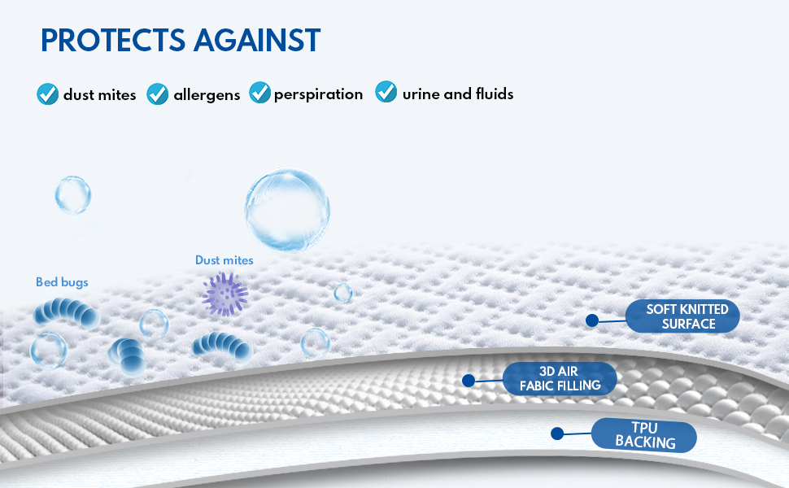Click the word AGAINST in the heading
pyautogui.click(x=257, y=40)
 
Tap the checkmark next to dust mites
pyautogui.click(x=48, y=94)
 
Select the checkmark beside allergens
pyautogui.click(x=158, y=94)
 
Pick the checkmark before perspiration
pyautogui.click(x=260, y=92)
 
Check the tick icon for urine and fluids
pyautogui.click(x=386, y=92)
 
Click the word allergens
pyautogui.click(x=207, y=95)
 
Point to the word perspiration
pyautogui.click(x=319, y=94)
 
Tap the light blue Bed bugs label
pyautogui.click(x=62, y=282)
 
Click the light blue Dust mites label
pyautogui.click(x=224, y=260)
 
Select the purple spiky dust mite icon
pyautogui.click(x=225, y=294)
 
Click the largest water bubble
pyautogui.click(x=287, y=210)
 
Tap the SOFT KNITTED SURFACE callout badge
pyautogui.click(x=682, y=316)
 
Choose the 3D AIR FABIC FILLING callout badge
pyautogui.click(x=560, y=378)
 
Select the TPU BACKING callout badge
pyautogui.click(x=644, y=435)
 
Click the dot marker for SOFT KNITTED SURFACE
pyautogui.click(x=592, y=320)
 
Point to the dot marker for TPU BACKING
pyautogui.click(x=557, y=434)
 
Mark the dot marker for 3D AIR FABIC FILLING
pyautogui.click(x=469, y=381)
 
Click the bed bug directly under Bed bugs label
pyautogui.click(x=67, y=312)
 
